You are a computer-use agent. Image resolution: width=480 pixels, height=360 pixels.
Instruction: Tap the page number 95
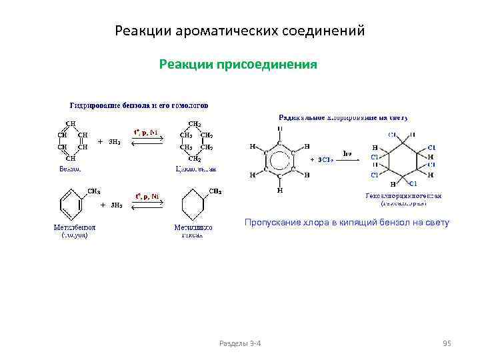[447, 343]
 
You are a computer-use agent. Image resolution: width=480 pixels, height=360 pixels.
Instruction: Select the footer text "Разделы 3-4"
[240, 343]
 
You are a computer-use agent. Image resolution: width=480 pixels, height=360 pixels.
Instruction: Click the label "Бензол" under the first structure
[70, 169]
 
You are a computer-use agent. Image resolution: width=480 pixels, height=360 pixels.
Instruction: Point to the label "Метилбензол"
[72, 227]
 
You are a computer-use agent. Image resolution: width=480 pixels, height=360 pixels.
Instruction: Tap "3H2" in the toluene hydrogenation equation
[115, 205]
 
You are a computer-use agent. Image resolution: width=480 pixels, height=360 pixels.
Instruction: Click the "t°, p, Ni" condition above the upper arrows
[147, 133]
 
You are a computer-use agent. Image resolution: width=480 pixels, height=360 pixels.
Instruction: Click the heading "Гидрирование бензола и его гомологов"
[139, 105]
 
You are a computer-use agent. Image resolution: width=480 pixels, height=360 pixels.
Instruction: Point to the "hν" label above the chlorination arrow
[347, 153]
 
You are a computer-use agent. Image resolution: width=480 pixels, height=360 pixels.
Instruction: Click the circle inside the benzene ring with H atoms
[279, 160]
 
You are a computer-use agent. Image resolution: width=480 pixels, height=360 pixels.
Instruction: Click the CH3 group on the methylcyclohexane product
[216, 191]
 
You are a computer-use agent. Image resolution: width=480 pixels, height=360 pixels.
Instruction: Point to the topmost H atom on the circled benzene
[279, 129]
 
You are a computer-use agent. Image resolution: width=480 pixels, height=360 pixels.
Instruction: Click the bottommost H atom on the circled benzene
[279, 191]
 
